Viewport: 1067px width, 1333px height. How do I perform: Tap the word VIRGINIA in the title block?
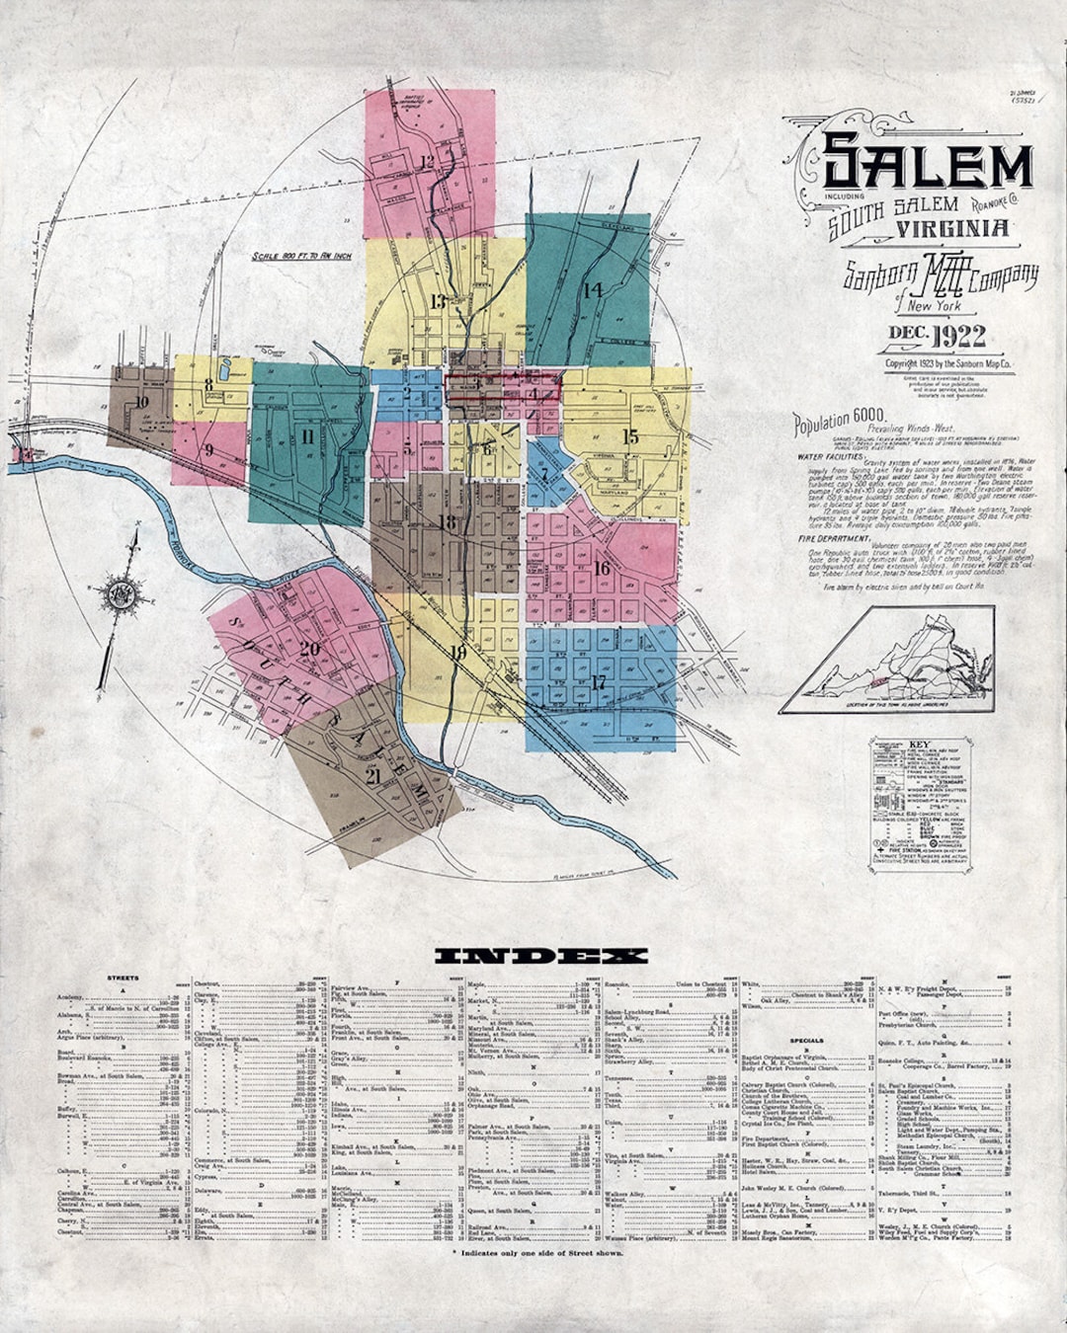953,228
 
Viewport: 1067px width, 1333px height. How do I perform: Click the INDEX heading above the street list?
540,956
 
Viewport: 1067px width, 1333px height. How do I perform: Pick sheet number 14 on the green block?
592,289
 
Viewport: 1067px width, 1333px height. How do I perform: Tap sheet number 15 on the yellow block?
630,436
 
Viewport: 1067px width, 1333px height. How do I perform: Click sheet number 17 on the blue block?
598,682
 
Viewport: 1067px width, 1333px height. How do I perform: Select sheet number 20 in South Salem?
310,648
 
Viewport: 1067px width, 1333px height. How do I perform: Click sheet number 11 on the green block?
308,435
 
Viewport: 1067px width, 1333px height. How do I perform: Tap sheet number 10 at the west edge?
141,402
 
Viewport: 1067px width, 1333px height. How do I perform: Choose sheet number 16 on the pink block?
602,567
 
